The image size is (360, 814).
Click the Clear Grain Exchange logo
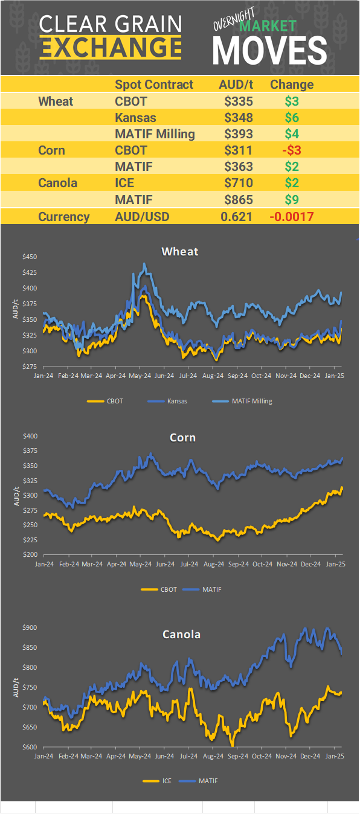tap(111, 36)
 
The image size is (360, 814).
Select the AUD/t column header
tap(236, 85)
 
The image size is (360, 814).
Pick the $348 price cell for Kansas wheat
tap(238, 117)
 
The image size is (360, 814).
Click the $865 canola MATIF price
tap(238, 199)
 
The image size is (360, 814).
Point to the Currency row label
tap(64, 217)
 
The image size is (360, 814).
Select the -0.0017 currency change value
tap(292, 217)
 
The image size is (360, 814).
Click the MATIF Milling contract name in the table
tap(155, 134)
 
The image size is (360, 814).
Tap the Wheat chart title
tap(179, 251)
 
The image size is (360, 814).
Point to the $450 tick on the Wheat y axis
tap(30, 257)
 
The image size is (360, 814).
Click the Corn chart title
tap(182, 437)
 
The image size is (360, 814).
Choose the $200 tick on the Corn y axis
tap(30, 554)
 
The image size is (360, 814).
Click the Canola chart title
tap(181, 634)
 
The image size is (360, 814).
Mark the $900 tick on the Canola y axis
tap(30, 627)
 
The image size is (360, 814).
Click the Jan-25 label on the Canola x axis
tap(335, 755)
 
